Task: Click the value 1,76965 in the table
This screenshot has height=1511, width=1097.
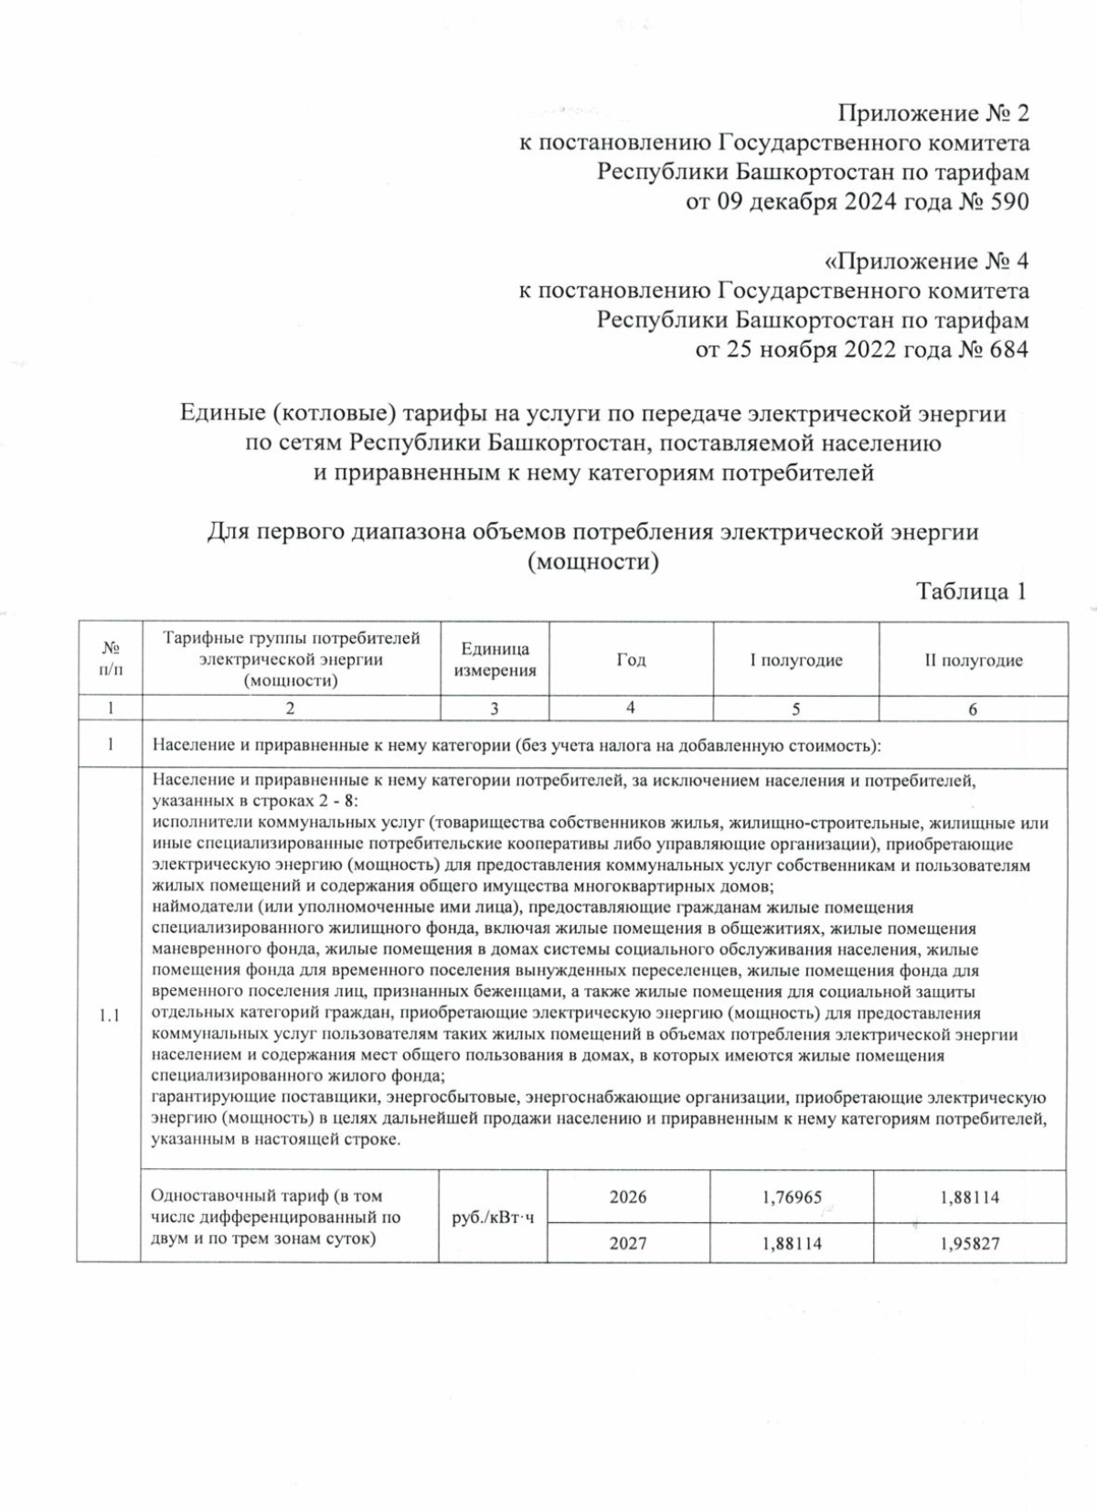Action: point(792,1197)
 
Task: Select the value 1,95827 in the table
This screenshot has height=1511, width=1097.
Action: point(970,1243)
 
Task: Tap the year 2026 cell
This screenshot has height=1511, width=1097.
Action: point(628,1197)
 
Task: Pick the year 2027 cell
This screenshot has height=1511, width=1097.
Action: point(628,1243)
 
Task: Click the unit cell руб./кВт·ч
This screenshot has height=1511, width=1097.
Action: point(493,1218)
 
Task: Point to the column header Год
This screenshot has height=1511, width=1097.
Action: point(631,660)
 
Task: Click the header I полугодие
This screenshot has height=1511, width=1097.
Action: point(795,660)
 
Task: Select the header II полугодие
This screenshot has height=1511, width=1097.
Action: point(973,660)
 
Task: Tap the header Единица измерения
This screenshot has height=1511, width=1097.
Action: point(495,660)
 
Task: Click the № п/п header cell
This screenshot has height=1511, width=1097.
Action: point(110,659)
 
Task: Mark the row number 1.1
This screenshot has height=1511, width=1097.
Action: point(110,1016)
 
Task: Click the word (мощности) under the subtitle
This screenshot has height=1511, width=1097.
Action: point(593,561)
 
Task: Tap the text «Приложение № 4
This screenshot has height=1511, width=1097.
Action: point(926,261)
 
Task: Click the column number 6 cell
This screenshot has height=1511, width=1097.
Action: point(973,708)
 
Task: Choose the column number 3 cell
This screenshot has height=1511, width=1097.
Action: point(495,708)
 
